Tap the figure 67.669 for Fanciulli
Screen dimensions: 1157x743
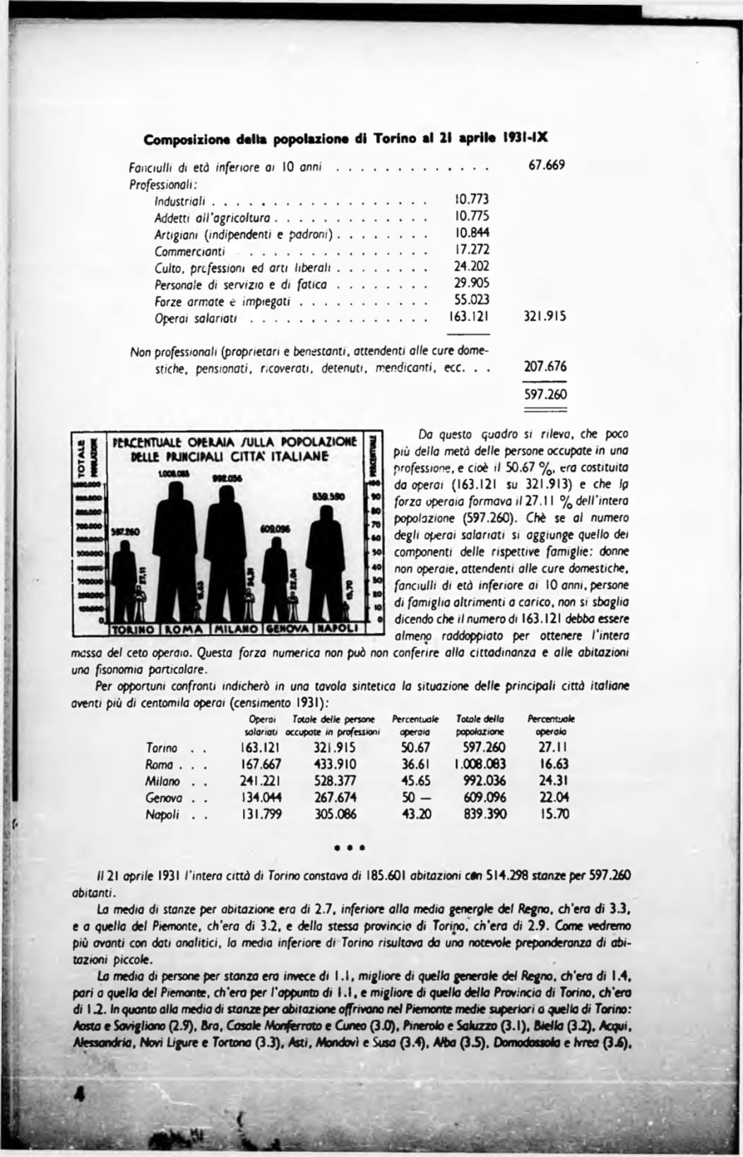(x=547, y=166)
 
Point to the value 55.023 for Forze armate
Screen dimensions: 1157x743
(x=470, y=300)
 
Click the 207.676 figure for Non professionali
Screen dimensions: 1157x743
(x=545, y=367)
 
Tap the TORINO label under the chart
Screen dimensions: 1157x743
(x=136, y=628)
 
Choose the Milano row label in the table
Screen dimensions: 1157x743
(x=164, y=781)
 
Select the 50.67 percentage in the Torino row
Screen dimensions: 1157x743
(x=415, y=748)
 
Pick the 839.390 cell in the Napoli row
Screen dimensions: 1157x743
(x=480, y=814)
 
